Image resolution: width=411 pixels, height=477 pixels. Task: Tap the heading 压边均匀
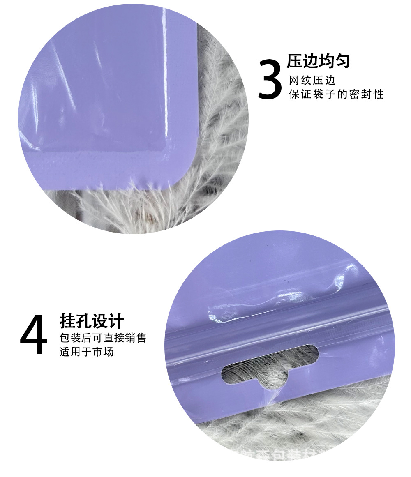(x=318, y=61)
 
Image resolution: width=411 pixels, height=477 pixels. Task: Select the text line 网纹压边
(x=312, y=80)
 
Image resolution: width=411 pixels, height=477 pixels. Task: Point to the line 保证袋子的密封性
(x=336, y=94)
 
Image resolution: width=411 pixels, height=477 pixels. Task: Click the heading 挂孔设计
(x=92, y=321)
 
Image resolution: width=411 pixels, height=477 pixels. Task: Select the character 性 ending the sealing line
(x=378, y=94)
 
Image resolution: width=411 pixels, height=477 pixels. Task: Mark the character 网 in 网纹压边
(x=294, y=80)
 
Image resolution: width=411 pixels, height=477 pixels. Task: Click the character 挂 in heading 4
(x=68, y=321)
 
